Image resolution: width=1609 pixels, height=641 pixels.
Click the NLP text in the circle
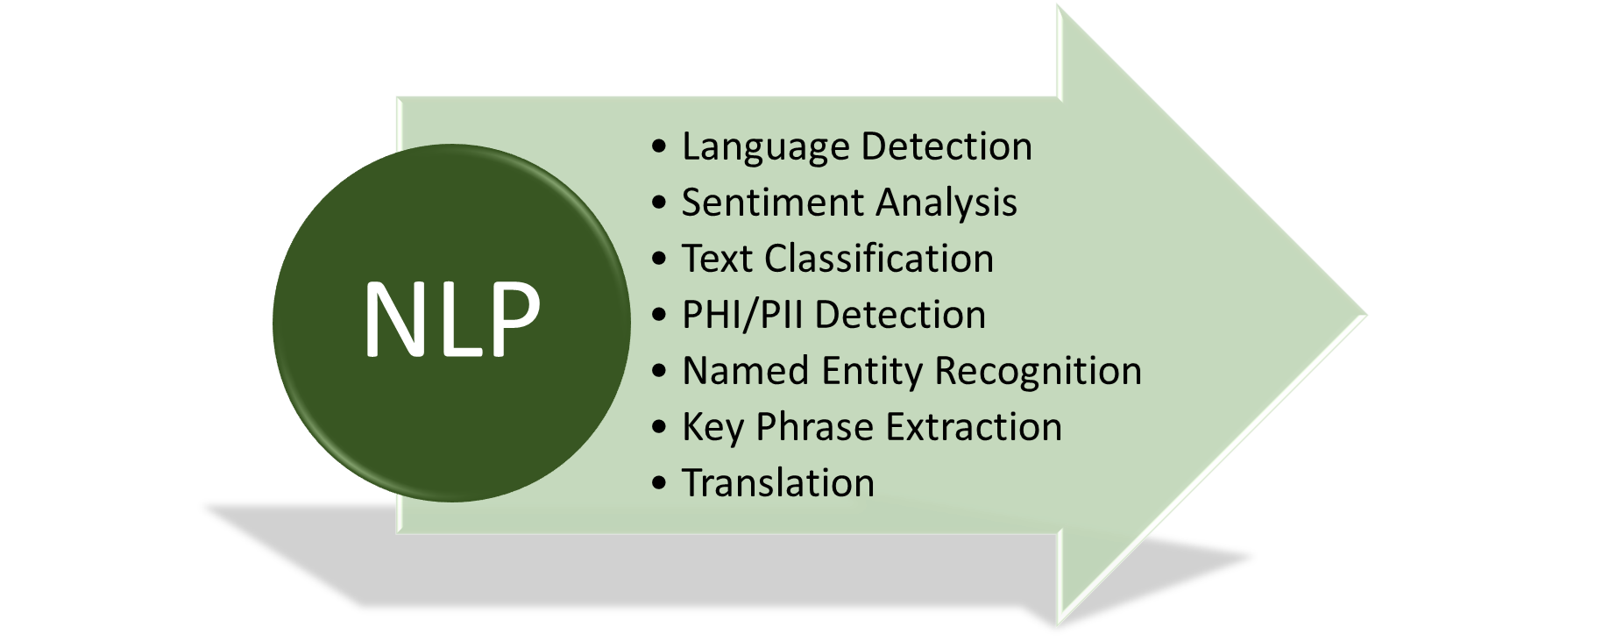click(451, 319)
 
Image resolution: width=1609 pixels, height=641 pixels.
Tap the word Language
click(764, 147)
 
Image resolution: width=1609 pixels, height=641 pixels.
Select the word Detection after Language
click(946, 146)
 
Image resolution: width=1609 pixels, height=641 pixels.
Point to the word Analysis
click(946, 203)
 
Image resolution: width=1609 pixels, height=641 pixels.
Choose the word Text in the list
click(717, 259)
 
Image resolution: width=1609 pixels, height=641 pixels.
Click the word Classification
click(879, 259)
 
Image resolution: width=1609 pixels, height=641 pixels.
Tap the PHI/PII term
click(741, 315)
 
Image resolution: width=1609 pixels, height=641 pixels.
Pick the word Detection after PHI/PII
click(900, 315)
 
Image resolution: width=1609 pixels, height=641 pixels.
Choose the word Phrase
click(814, 427)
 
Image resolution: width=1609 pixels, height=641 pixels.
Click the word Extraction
click(974, 427)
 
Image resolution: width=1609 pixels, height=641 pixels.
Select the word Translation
click(778, 483)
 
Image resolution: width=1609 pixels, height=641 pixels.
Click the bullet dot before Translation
click(659, 483)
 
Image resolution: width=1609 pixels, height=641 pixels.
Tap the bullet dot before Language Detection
click(659, 146)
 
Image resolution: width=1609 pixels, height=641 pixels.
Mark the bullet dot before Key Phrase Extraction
click(659, 427)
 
